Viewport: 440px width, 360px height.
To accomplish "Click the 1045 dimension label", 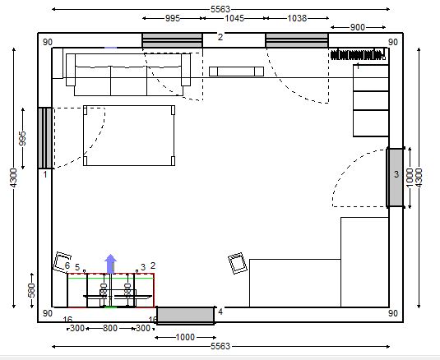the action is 234,19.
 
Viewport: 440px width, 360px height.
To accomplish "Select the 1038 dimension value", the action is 297,19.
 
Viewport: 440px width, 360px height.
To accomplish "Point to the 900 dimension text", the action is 358,27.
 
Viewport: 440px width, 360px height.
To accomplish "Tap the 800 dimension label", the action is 110,328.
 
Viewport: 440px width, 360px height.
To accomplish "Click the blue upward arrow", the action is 110,264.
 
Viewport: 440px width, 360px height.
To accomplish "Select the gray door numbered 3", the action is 396,178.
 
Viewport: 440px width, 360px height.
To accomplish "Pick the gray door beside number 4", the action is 186,316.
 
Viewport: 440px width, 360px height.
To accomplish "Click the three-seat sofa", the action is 128,75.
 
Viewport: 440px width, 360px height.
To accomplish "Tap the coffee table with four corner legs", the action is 129,136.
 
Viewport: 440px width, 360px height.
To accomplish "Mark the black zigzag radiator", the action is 358,54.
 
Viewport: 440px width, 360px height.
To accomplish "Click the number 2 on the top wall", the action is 220,37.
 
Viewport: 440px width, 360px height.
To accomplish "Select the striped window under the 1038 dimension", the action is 297,40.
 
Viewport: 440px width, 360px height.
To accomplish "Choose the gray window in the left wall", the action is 45,138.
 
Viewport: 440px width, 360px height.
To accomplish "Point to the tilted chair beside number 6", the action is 62,262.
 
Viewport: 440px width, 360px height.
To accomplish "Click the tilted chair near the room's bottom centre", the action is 238,263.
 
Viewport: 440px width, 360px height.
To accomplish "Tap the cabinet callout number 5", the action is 77,267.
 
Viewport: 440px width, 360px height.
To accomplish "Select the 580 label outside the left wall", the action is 32,290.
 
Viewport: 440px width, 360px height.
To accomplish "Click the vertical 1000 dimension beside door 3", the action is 410,178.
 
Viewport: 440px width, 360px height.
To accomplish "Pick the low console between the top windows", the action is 236,72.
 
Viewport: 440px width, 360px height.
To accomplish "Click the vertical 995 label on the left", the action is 22,138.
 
